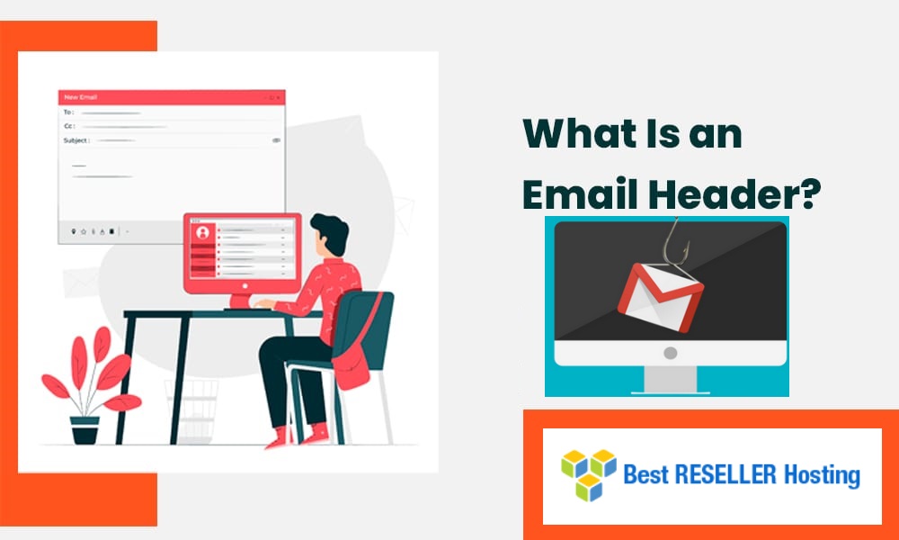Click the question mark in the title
[x=809, y=193]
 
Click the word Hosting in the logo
[x=823, y=475]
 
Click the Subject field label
[x=76, y=140]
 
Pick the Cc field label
[x=68, y=126]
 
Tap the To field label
[x=68, y=112]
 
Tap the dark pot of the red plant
[x=85, y=429]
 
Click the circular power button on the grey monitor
[x=670, y=353]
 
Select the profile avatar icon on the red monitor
[x=202, y=232]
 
